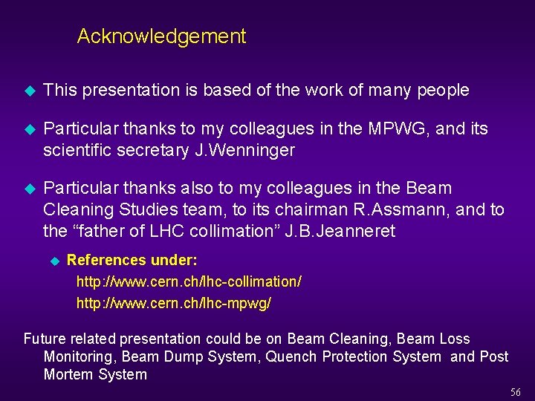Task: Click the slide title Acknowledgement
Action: [x=161, y=36]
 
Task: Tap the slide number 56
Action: [x=516, y=392]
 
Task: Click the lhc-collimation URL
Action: [x=189, y=282]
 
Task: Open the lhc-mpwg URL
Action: [x=174, y=303]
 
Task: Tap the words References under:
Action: [x=132, y=261]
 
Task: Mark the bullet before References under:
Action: [x=53, y=261]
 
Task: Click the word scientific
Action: [x=74, y=151]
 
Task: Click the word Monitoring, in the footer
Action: [x=80, y=357]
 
